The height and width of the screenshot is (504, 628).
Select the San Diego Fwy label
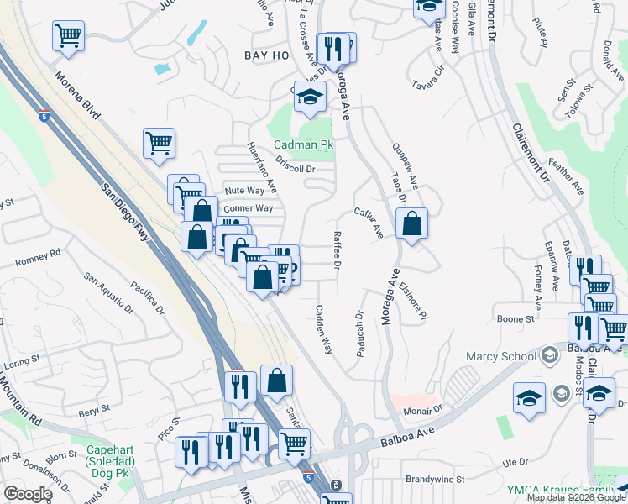pos(126,213)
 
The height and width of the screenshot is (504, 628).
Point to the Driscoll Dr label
pos(293,168)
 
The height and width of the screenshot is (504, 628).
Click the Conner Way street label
pos(248,207)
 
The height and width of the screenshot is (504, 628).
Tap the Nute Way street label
pos(244,191)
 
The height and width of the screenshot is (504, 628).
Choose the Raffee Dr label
pos(338,250)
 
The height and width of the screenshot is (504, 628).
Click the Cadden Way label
pos(323,328)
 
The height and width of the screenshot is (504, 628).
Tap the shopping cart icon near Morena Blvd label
pos(68,36)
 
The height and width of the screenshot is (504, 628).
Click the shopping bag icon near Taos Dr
pos(411,224)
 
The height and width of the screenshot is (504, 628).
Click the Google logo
pos(28,493)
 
